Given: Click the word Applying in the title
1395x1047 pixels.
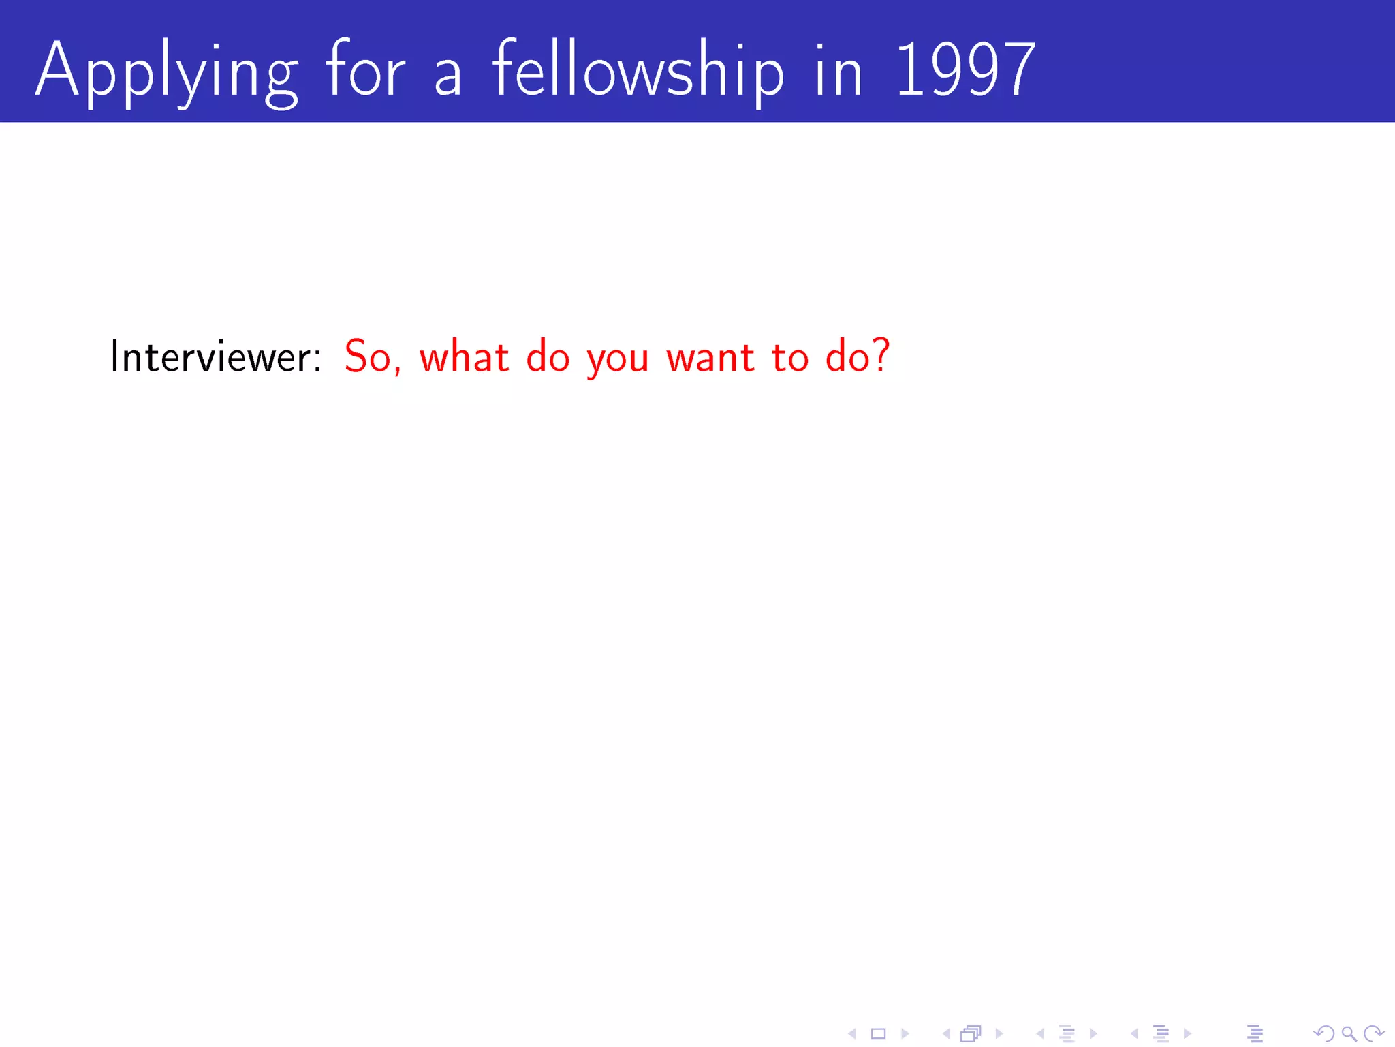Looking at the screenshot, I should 167,72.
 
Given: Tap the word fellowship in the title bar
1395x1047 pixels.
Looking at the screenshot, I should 638,72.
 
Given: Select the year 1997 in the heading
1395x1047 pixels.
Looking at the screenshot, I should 965,70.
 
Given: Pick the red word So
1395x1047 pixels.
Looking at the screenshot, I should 366,356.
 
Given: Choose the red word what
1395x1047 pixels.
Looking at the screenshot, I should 464,356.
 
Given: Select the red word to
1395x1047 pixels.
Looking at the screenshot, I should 789,356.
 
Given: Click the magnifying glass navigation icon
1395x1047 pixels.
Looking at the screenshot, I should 1349,1034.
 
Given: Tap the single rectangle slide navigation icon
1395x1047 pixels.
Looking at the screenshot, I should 879,1034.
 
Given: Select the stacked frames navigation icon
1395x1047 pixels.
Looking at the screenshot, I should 971,1034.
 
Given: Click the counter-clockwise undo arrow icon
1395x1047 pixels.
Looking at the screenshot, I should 1323,1034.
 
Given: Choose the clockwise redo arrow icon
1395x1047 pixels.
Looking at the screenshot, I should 1374,1034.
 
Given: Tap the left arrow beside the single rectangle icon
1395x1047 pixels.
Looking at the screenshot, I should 851,1034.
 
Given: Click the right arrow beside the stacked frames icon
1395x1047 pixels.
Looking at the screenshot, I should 999,1034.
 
